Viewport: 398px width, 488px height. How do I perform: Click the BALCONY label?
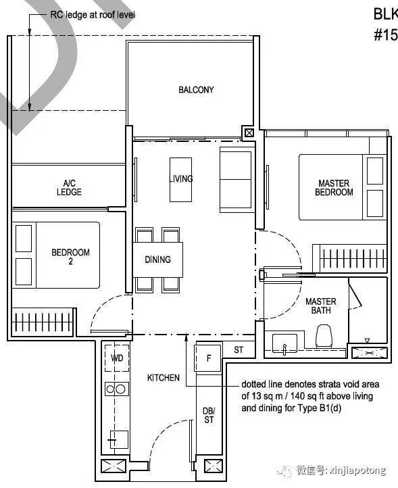point(196,90)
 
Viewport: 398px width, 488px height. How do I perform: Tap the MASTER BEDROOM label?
point(334,188)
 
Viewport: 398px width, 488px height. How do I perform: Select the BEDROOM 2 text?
point(71,256)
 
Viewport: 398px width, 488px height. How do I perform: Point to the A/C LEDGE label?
point(69,187)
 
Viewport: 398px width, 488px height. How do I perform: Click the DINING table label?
point(157,260)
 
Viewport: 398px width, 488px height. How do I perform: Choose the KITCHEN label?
point(164,378)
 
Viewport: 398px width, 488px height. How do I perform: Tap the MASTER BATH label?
point(321,306)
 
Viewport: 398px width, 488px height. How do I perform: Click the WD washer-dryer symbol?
point(117,358)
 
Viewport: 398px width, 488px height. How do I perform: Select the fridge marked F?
point(208,358)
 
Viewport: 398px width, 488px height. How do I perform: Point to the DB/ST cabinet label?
point(209,416)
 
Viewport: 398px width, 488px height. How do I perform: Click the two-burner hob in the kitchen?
point(117,389)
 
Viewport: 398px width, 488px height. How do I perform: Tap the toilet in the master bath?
point(323,336)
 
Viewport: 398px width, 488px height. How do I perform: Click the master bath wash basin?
point(284,343)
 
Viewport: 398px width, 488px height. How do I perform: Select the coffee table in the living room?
point(180,180)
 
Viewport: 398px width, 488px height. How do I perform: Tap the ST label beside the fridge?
point(239,350)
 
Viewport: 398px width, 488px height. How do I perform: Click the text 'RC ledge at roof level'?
point(93,15)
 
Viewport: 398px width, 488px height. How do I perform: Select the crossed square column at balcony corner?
point(249,133)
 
